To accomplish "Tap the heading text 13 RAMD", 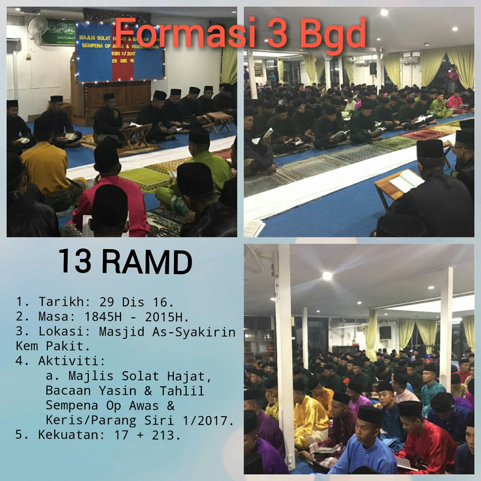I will point(125,262).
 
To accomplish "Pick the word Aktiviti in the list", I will point(71,361).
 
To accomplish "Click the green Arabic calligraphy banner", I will point(58,32).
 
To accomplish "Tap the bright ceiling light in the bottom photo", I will point(327,276).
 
